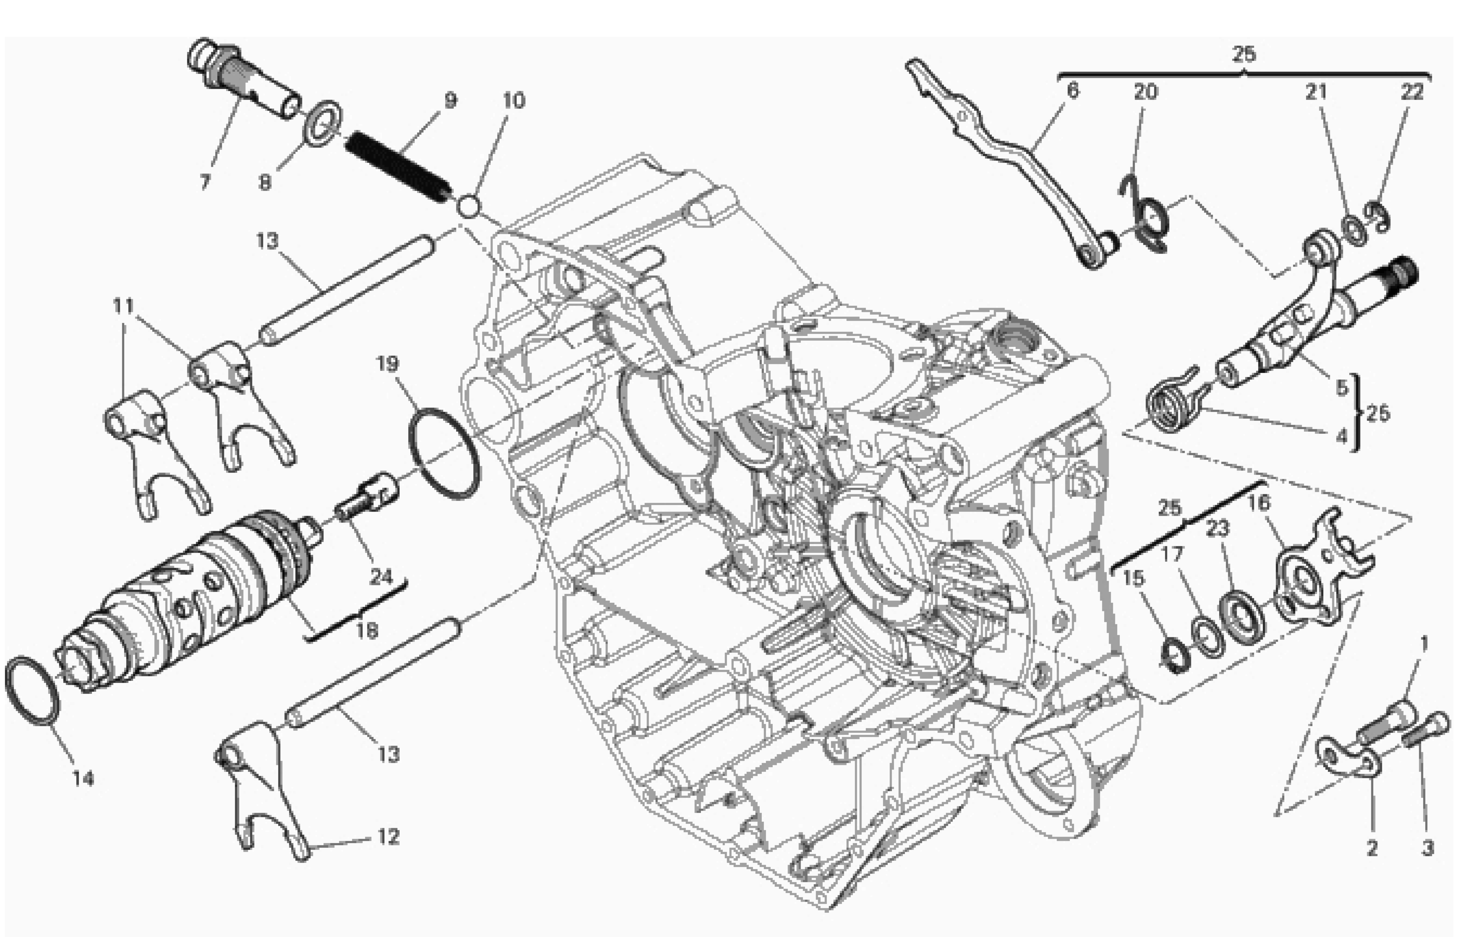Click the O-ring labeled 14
pos(34,691)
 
